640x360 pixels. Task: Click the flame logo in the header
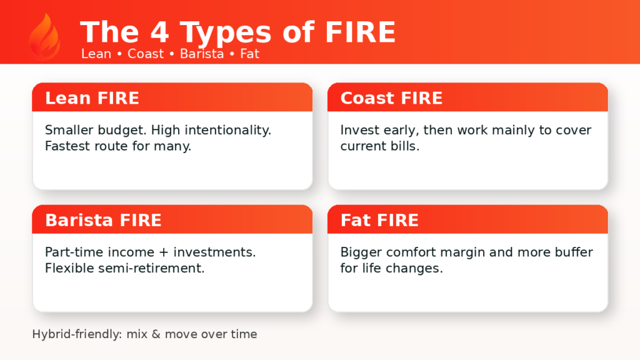click(x=44, y=37)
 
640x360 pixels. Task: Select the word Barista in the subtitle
click(x=201, y=54)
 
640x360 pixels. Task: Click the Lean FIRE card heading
click(x=92, y=98)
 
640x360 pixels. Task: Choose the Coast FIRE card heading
click(x=391, y=98)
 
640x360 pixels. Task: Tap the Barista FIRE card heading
click(x=103, y=220)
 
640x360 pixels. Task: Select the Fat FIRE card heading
click(x=379, y=220)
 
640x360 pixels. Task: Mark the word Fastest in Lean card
click(x=68, y=147)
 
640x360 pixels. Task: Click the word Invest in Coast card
click(x=358, y=131)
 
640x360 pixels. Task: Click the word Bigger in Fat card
click(x=359, y=252)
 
